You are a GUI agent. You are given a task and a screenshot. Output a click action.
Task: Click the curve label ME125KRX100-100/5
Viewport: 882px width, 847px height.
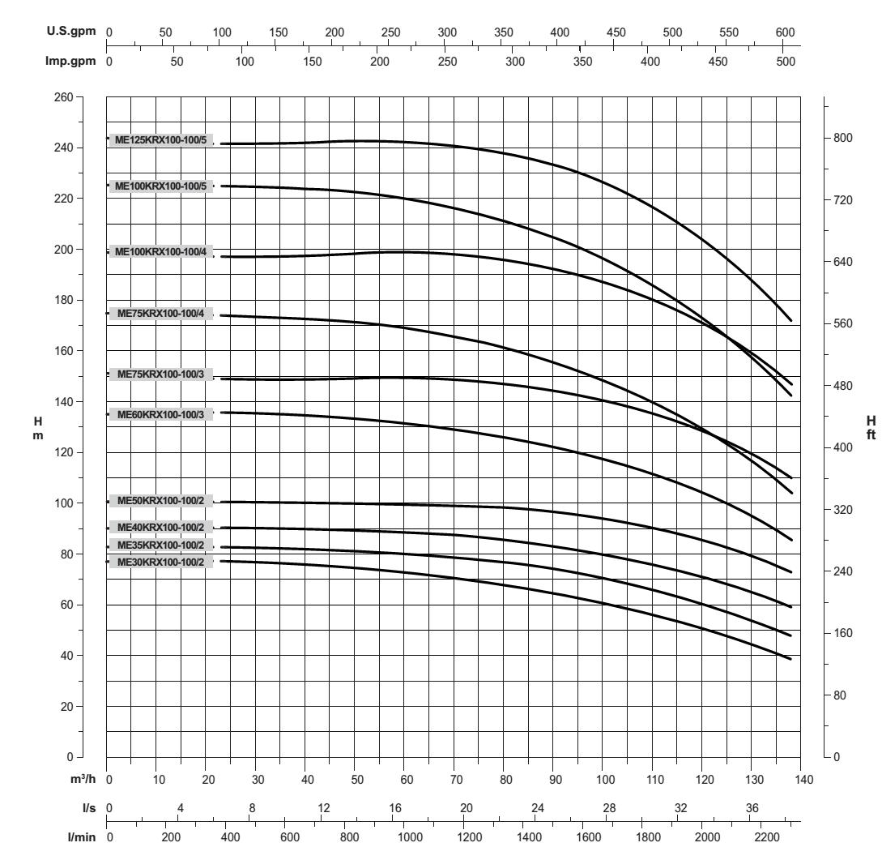(161, 139)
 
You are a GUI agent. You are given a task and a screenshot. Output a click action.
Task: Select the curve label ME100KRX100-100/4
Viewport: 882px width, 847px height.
(161, 252)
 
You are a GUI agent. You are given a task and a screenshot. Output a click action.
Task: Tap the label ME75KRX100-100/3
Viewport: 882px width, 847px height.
(161, 374)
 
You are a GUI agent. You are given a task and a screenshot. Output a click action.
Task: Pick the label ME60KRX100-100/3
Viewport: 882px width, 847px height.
(161, 415)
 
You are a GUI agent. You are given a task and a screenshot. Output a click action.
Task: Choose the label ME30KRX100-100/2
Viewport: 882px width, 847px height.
(161, 562)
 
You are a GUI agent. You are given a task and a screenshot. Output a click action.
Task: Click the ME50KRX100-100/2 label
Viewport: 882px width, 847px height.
(161, 501)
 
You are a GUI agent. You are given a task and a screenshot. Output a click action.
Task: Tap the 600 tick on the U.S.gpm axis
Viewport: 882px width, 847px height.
(785, 32)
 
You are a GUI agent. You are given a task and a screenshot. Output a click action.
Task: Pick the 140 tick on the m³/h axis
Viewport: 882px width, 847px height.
(801, 779)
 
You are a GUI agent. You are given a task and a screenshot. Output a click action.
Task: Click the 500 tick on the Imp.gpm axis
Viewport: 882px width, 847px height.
(786, 60)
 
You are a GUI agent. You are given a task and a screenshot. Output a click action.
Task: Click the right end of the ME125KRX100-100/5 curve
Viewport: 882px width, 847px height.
(790, 321)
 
